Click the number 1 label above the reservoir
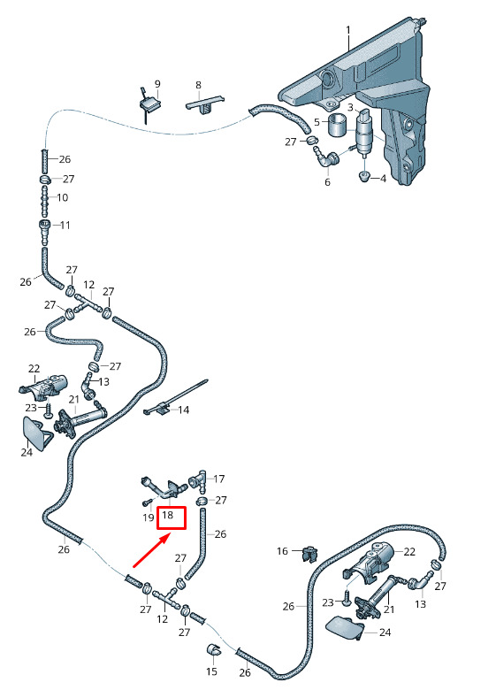point(348,30)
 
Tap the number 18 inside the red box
point(167,514)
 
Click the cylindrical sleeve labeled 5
point(338,126)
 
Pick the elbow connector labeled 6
point(325,158)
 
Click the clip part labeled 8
point(204,104)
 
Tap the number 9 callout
point(157,84)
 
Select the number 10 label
point(63,197)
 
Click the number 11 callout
point(65,226)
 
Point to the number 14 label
point(183,410)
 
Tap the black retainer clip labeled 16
point(310,554)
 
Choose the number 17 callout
point(218,479)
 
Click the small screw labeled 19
point(147,502)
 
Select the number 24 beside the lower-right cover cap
point(385,632)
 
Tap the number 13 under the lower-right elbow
point(420,604)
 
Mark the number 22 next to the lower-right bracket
point(409,552)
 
